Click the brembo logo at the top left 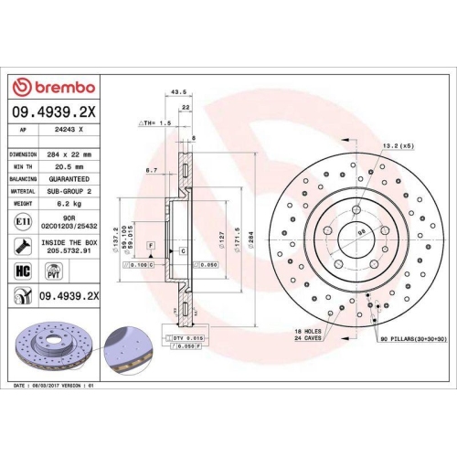click(52, 87)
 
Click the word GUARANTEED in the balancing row click(70, 180)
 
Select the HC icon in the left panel click(22, 271)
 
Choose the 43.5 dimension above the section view click(179, 91)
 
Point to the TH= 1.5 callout click(156, 122)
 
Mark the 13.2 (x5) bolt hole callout click(398, 145)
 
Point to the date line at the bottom click(55, 386)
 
